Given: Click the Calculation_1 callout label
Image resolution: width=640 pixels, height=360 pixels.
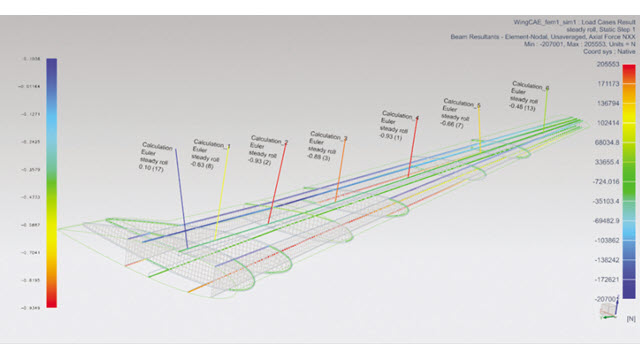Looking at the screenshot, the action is [213, 146].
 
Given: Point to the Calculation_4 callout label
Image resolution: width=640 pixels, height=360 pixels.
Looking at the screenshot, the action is [399, 118].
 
